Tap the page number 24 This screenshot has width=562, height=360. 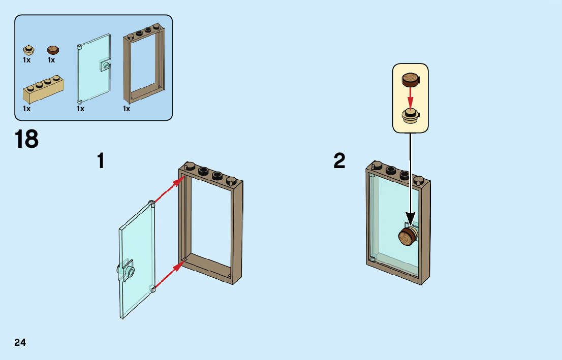point(20,342)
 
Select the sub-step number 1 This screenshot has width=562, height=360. point(101,161)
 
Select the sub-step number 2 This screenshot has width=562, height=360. point(339,161)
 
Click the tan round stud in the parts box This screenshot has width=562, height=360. point(29,50)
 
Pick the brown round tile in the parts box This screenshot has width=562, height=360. point(53,49)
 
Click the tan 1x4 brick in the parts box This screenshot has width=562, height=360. point(44,90)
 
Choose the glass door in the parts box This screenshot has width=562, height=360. point(93,68)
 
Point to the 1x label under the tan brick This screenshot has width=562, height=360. point(26,109)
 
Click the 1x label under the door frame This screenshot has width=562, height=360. point(127,109)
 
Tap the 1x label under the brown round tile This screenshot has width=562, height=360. point(51,60)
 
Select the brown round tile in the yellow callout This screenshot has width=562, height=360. point(411,79)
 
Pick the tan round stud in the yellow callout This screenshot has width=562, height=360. point(411,115)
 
